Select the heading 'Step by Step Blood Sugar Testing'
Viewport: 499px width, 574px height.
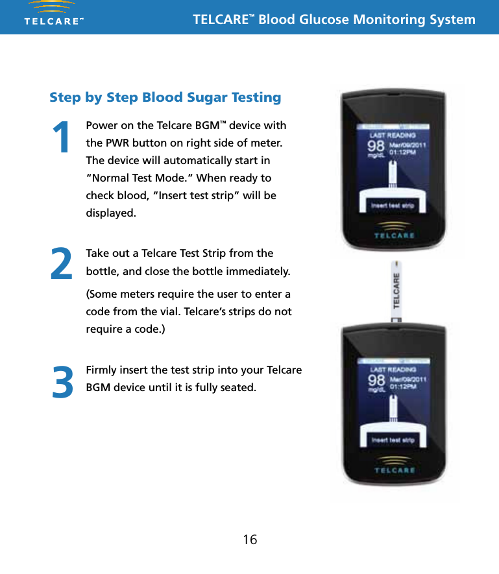tap(165, 97)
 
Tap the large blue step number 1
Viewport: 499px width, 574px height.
tap(62, 138)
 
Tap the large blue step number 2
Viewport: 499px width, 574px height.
tap(62, 265)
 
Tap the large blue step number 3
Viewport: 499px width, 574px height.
tap(62, 383)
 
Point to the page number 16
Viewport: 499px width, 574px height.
tap(250, 540)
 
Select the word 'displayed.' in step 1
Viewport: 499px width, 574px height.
tap(111, 213)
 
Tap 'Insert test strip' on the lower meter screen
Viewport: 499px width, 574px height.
tap(393, 440)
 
